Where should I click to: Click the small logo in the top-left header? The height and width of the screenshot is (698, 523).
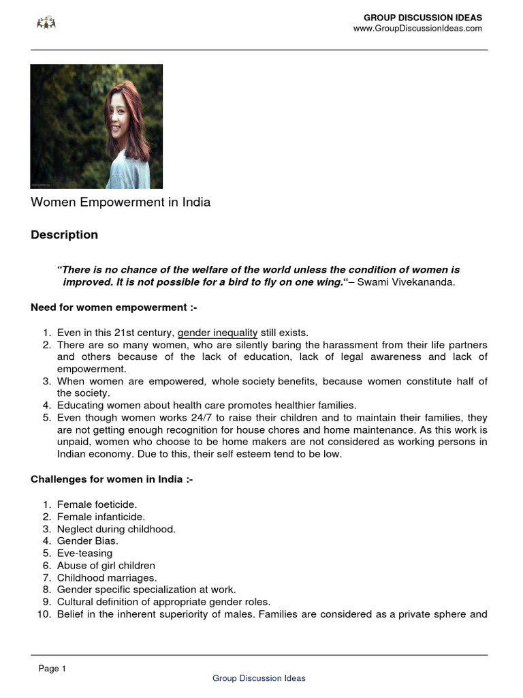(46, 23)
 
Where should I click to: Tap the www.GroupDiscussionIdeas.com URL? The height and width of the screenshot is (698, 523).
(417, 29)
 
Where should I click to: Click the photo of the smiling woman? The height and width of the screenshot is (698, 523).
(97, 126)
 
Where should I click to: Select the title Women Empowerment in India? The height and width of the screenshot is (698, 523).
(121, 202)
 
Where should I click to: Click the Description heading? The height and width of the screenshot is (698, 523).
(64, 234)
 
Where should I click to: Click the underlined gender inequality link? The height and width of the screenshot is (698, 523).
(217, 333)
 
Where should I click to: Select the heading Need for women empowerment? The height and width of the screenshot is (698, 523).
(114, 307)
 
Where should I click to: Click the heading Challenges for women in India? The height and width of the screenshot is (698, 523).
(112, 479)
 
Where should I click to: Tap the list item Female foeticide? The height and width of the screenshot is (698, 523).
(97, 504)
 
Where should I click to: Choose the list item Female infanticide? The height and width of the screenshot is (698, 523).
(101, 517)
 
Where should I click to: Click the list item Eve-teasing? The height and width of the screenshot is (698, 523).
(84, 553)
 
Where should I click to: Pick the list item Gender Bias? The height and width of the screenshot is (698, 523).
(88, 541)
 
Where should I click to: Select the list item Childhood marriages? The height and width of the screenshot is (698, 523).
(106, 578)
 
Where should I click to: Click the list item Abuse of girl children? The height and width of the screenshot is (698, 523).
(106, 566)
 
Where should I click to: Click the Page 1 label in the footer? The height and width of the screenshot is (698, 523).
(52, 669)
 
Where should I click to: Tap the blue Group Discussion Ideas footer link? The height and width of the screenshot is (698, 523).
(259, 678)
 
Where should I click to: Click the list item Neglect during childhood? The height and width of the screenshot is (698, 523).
(116, 529)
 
